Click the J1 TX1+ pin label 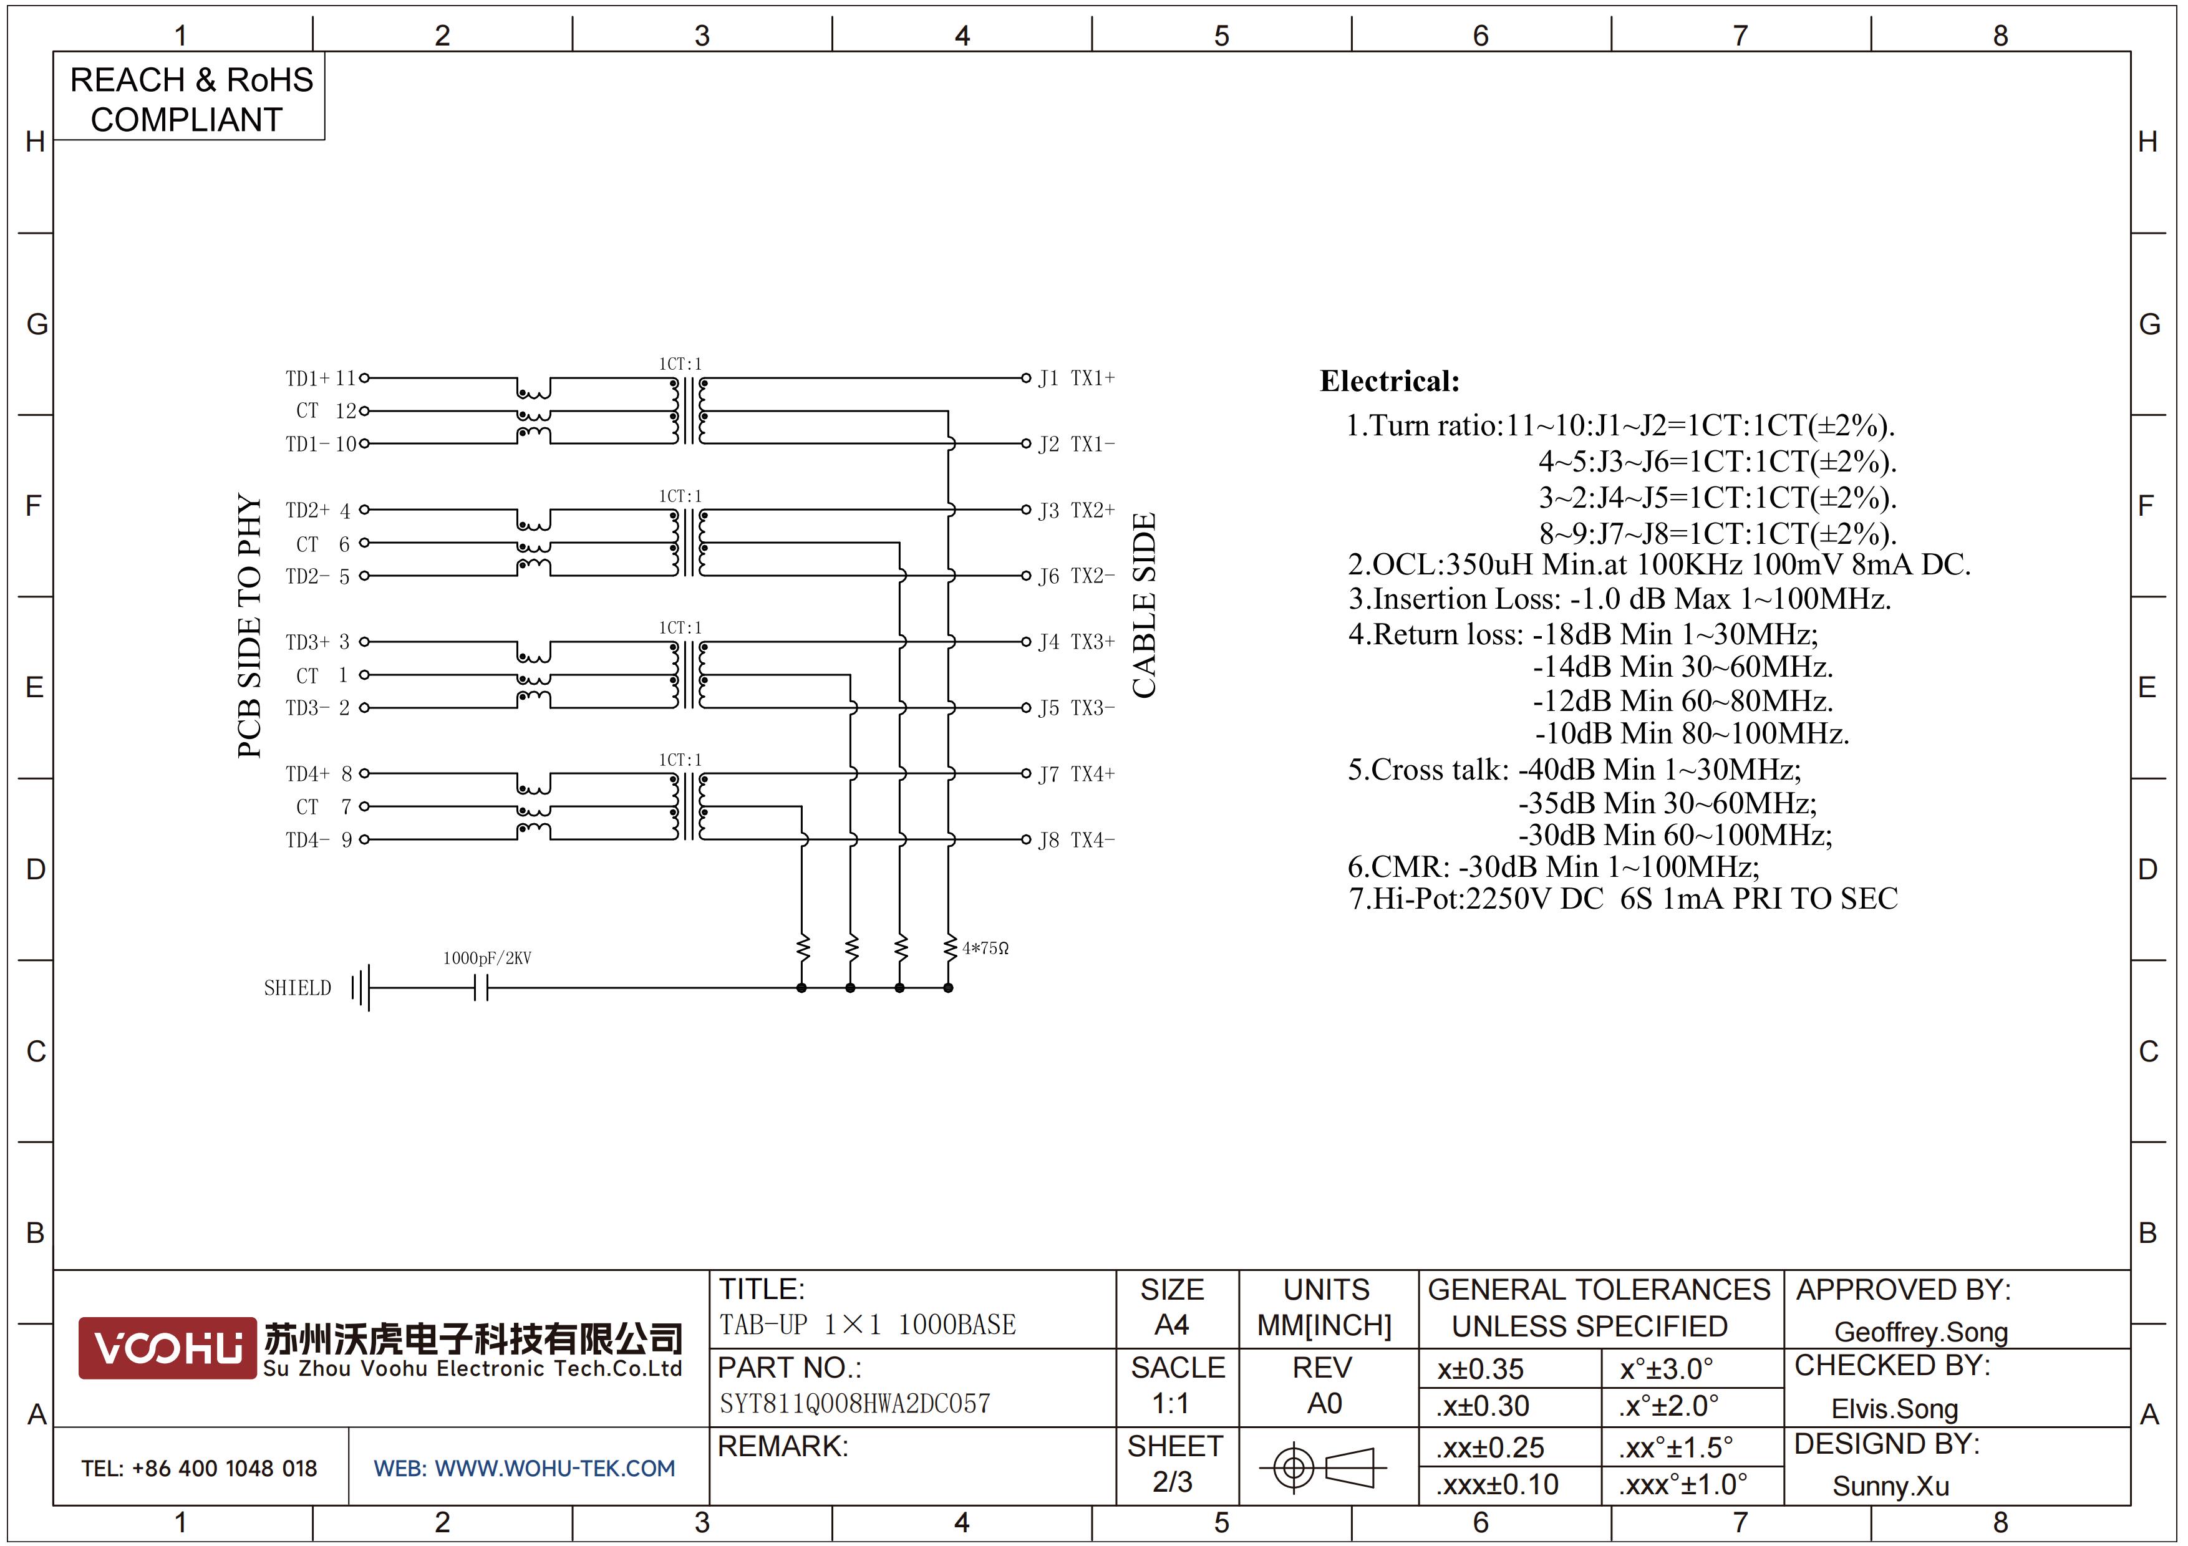[x=1077, y=378]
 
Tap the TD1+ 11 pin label [x=320, y=378]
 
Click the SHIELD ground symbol [x=361, y=988]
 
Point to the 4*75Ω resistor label [x=985, y=949]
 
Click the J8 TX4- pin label [x=1077, y=840]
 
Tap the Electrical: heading [x=1390, y=381]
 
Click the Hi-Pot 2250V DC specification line [x=1623, y=898]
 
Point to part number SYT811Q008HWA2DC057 [x=855, y=1403]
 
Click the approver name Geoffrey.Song [x=1921, y=1331]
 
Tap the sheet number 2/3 [x=1172, y=1482]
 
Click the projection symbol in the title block [x=1323, y=1467]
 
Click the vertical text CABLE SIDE [x=1143, y=605]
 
